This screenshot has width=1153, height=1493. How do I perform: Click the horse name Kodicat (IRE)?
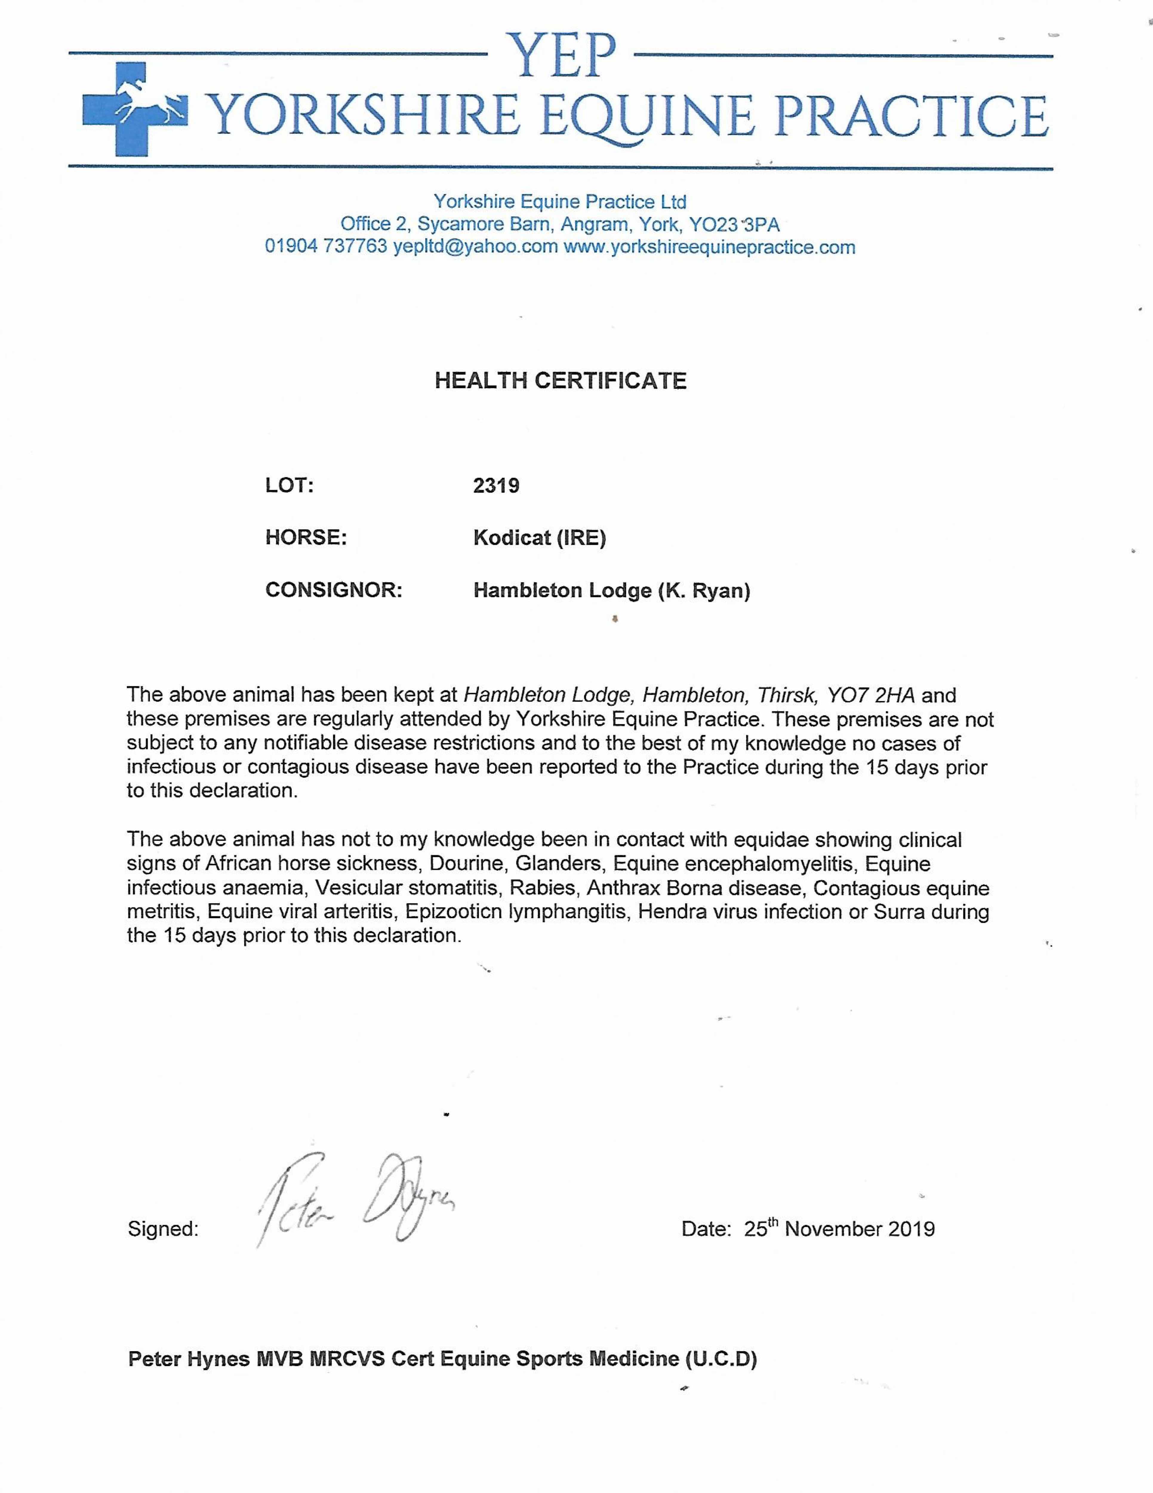tap(539, 538)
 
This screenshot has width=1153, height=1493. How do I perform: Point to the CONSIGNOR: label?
tap(333, 590)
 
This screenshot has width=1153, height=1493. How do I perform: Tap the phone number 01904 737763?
tap(326, 247)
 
